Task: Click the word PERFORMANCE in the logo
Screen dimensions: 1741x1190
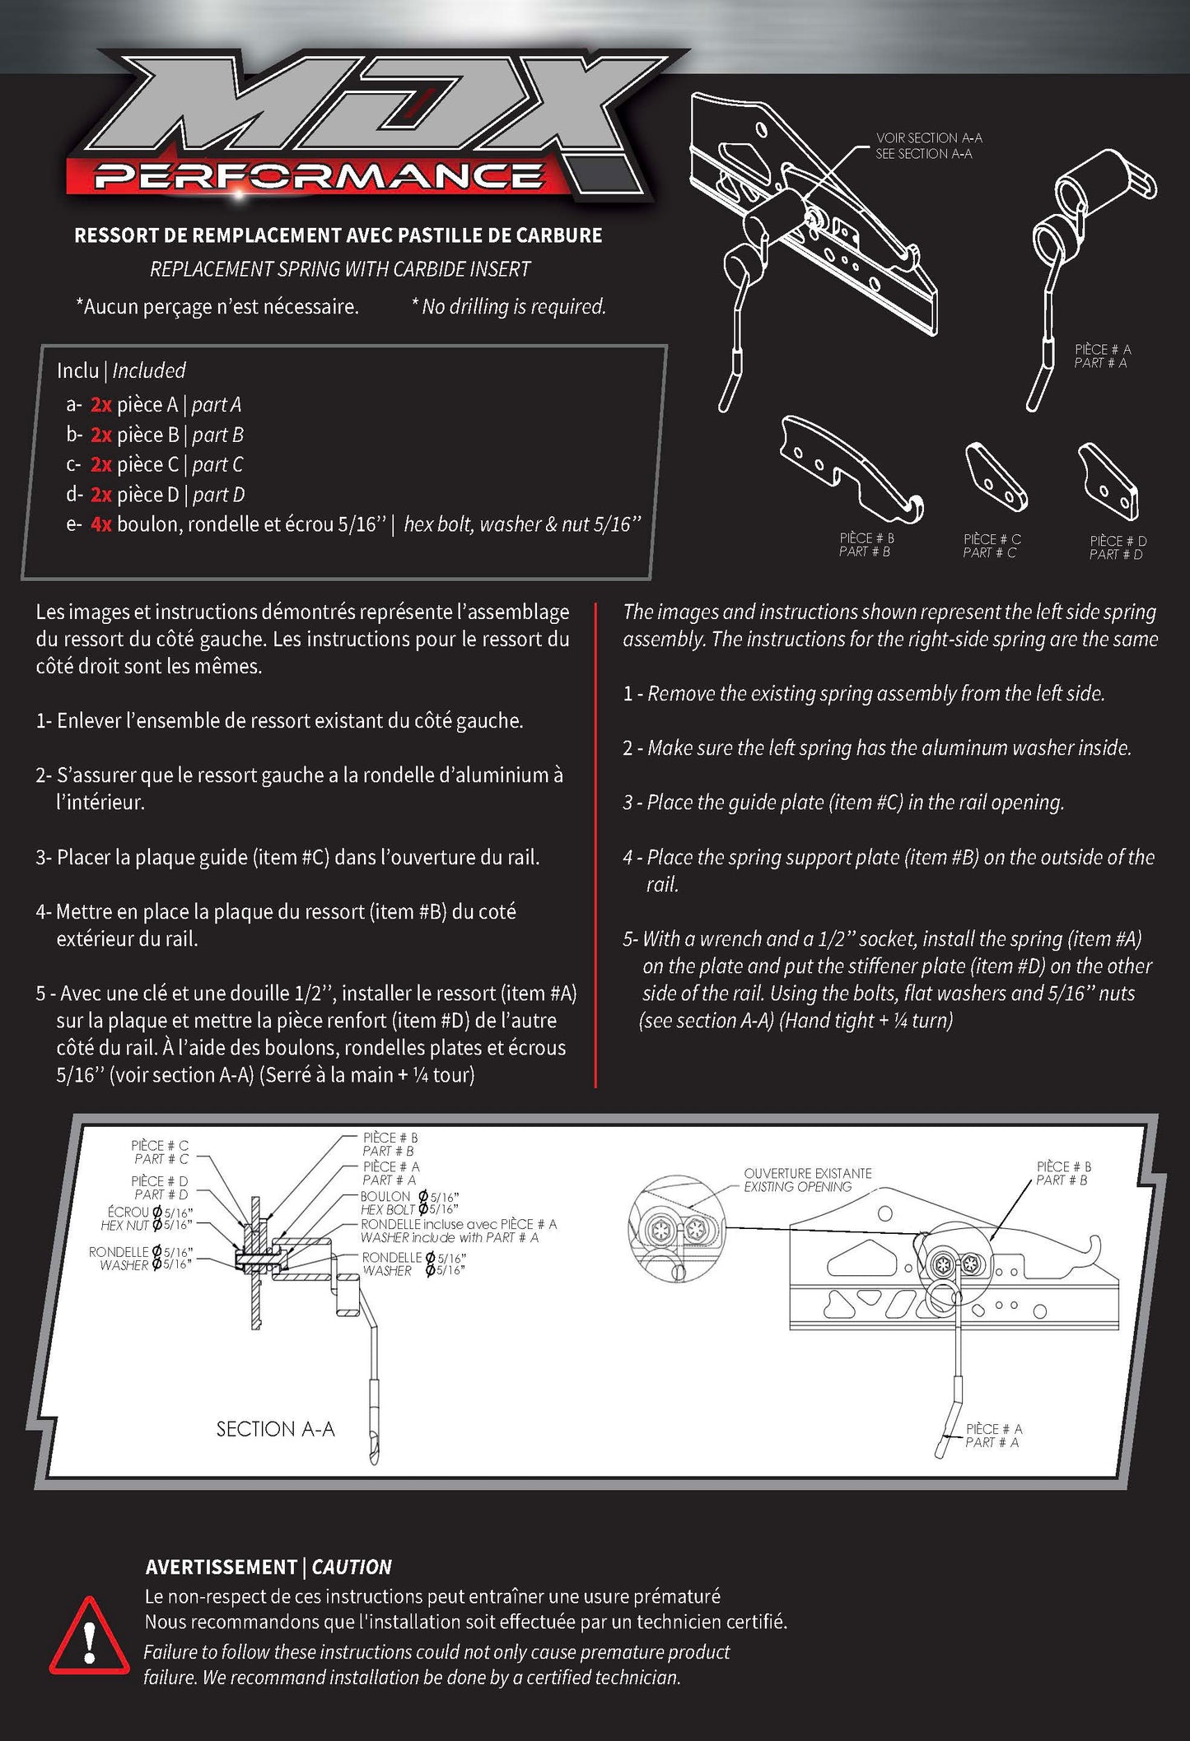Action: click(x=318, y=176)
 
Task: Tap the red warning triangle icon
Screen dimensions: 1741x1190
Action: click(x=89, y=1636)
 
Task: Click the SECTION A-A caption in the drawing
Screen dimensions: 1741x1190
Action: click(x=275, y=1429)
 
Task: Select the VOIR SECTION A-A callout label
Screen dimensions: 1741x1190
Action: click(x=928, y=138)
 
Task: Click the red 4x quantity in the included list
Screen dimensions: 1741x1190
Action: click(x=100, y=524)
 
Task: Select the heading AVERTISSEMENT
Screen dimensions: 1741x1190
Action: click(x=221, y=1566)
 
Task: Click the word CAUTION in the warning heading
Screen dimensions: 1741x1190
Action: click(x=352, y=1566)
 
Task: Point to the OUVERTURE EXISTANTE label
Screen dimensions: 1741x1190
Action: click(x=807, y=1173)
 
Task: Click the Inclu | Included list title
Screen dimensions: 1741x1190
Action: click(x=121, y=370)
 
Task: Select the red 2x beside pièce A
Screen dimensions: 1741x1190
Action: click(x=100, y=404)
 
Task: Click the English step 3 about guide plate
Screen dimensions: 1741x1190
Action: click(x=843, y=802)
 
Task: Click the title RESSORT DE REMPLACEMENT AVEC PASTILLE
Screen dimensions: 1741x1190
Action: click(x=338, y=235)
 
